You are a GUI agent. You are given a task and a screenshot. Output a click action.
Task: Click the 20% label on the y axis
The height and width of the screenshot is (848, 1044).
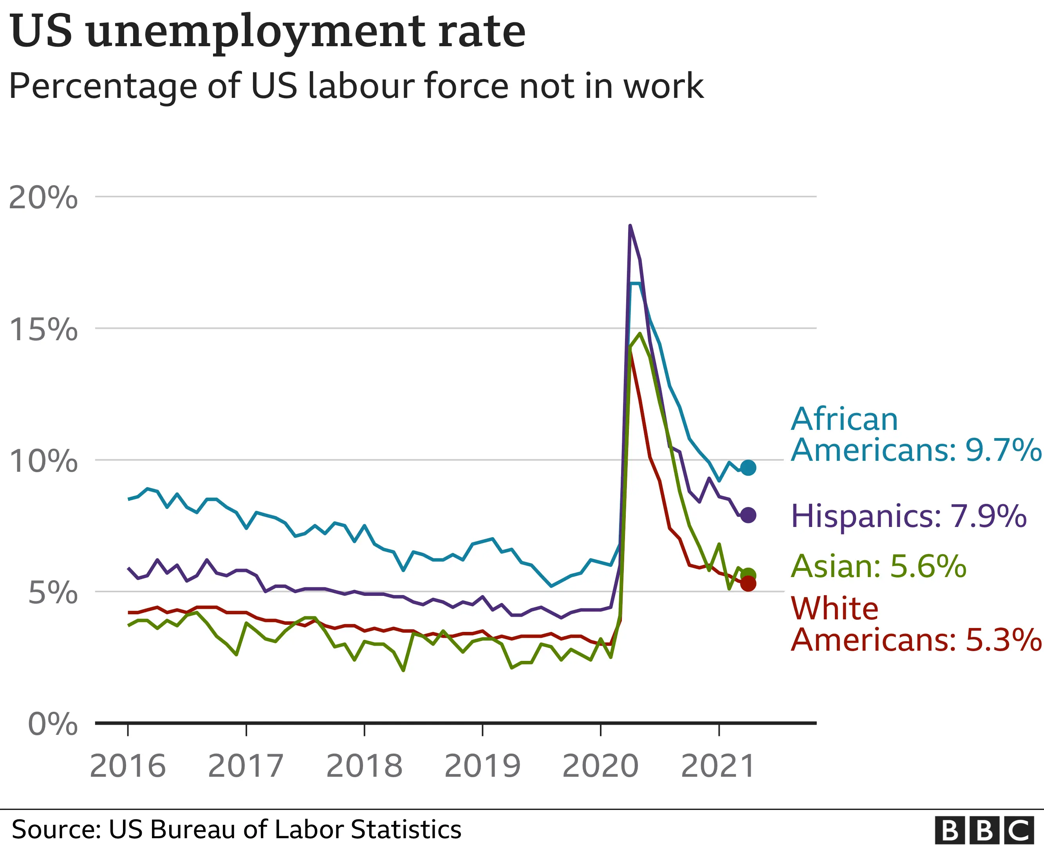coord(43,198)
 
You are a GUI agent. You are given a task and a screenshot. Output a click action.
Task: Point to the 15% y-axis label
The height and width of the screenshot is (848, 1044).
coord(43,329)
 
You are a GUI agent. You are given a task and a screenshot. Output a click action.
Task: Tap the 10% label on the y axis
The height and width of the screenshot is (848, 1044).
coord(43,461)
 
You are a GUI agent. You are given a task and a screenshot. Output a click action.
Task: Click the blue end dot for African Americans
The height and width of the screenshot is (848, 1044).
coord(748,468)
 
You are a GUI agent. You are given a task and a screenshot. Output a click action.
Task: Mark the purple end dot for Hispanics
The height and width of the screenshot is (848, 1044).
coord(748,515)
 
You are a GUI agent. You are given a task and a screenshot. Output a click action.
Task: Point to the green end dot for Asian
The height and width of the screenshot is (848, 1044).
coord(748,576)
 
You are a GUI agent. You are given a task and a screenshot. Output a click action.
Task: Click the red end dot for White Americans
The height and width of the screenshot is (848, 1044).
coord(748,584)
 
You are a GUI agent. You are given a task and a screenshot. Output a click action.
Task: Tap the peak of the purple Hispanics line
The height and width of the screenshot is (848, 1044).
coord(630,226)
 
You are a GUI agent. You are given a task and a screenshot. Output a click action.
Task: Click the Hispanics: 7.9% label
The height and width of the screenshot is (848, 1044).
coord(908,516)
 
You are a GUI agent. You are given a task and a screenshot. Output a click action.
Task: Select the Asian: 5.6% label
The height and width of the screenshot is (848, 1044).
coord(878,567)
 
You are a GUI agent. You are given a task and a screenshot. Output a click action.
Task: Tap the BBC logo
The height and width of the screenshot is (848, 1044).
coord(984,830)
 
